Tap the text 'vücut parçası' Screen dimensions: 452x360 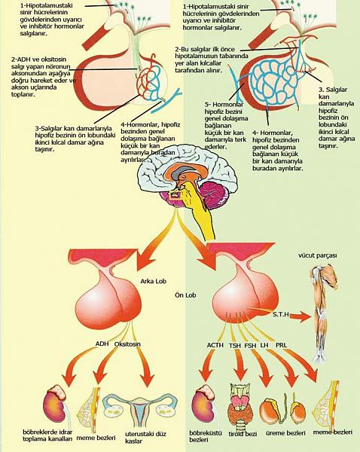322,255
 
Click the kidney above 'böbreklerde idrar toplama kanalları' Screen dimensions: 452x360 57,404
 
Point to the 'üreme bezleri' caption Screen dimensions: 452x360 285,432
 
